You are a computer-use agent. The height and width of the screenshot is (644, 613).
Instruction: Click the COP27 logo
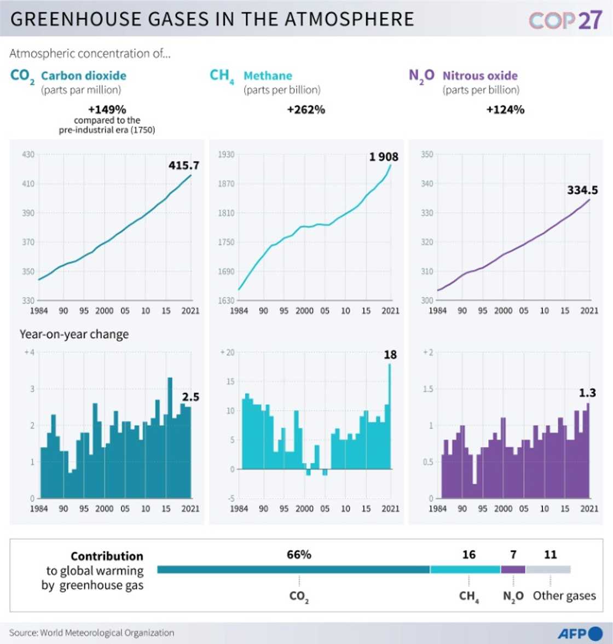pyautogui.click(x=565, y=20)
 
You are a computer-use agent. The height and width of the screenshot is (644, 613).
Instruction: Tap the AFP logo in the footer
pyautogui.click(x=580, y=634)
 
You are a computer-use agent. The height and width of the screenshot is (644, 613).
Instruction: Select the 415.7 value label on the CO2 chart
pyautogui.click(x=184, y=165)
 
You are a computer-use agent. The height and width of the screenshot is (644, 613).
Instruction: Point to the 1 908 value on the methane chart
pyautogui.click(x=384, y=157)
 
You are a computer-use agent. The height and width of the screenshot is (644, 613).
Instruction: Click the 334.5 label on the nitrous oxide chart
pyautogui.click(x=582, y=190)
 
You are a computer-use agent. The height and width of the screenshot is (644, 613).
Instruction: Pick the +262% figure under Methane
pyautogui.click(x=306, y=110)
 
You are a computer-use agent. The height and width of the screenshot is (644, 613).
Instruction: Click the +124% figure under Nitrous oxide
pyautogui.click(x=505, y=110)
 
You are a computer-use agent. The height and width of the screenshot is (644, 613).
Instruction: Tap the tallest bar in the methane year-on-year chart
pyautogui.click(x=390, y=416)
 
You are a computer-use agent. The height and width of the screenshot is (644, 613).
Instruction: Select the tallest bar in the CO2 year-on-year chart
pyautogui.click(x=170, y=438)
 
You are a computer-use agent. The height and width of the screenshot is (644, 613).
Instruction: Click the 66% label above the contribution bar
pyautogui.click(x=299, y=555)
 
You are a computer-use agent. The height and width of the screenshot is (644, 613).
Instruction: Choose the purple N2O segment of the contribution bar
pyautogui.click(x=513, y=570)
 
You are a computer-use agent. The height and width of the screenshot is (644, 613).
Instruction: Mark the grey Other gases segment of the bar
pyautogui.click(x=548, y=570)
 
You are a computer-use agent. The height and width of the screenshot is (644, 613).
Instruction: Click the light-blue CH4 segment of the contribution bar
pyautogui.click(x=465, y=570)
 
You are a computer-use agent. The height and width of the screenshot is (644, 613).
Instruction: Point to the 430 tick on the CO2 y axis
pyautogui.click(x=28, y=155)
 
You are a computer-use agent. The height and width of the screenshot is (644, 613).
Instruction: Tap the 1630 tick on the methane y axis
pyautogui.click(x=226, y=300)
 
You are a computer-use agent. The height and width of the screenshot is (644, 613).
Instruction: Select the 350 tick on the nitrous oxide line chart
pyautogui.click(x=427, y=155)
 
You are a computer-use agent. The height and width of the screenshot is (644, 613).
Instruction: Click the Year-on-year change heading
pyautogui.click(x=74, y=334)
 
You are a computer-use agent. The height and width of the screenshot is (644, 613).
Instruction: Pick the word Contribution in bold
pyautogui.click(x=107, y=556)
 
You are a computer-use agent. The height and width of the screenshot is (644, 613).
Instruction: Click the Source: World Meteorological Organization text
pyautogui.click(x=91, y=633)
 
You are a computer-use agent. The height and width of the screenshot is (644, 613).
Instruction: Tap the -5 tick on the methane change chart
pyautogui.click(x=231, y=498)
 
